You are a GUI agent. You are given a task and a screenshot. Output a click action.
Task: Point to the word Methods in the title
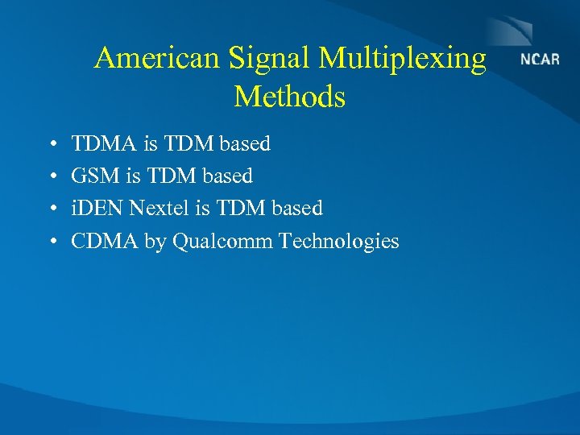click(290, 97)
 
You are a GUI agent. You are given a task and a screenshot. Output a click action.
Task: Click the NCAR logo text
click(540, 60)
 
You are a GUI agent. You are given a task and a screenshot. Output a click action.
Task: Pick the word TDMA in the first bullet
click(104, 144)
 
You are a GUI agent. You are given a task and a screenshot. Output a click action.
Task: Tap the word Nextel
click(159, 209)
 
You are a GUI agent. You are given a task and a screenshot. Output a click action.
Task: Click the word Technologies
click(339, 242)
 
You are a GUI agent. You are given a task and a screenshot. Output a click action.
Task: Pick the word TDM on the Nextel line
click(239, 209)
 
